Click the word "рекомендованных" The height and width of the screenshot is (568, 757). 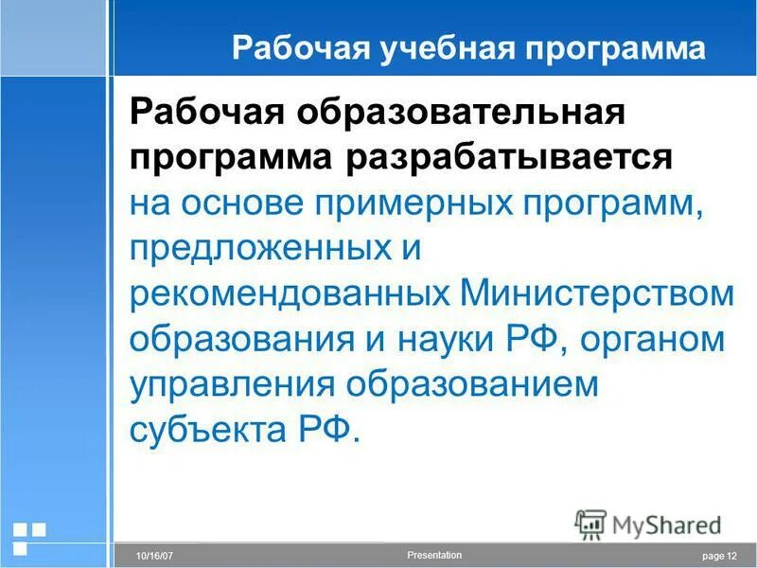[x=289, y=293]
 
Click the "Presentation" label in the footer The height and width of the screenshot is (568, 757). [x=433, y=555]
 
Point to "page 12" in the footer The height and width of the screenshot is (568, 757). [x=719, y=556]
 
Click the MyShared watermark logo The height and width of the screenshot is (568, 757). [x=648, y=524]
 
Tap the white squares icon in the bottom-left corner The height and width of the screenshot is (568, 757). [x=27, y=537]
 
